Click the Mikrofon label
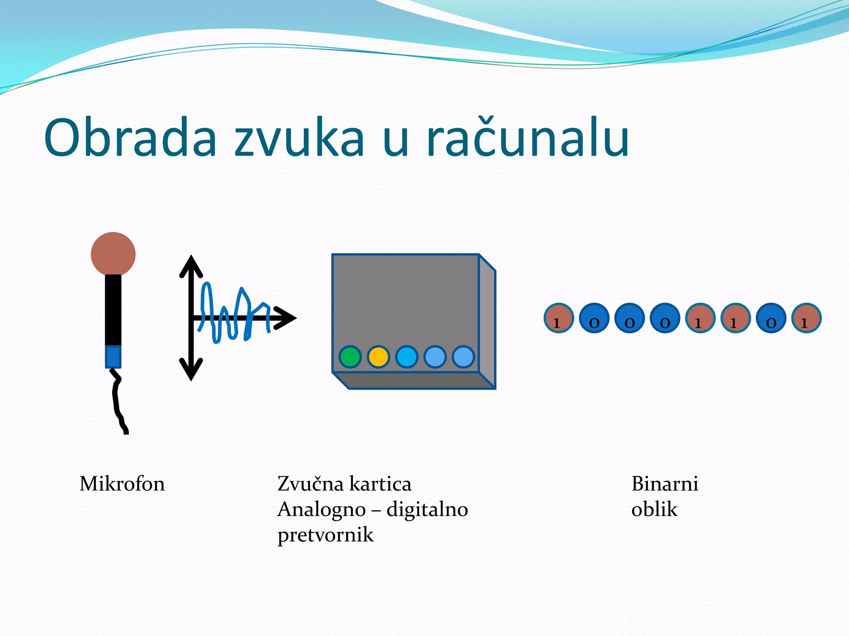click(122, 484)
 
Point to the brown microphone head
click(113, 254)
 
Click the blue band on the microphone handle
click(113, 357)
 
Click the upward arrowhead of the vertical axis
click(191, 265)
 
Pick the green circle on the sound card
click(350, 357)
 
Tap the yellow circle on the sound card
click(378, 357)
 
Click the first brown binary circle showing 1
click(558, 318)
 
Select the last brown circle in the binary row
click(806, 318)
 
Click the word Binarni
click(665, 484)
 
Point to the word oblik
click(654, 509)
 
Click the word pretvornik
click(325, 535)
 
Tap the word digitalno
click(427, 509)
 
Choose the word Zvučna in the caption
click(310, 484)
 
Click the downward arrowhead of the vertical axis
click(191, 371)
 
